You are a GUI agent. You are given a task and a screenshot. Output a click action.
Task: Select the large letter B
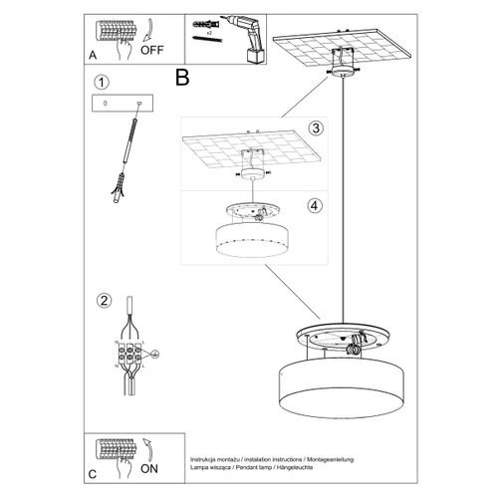[x=182, y=75]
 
